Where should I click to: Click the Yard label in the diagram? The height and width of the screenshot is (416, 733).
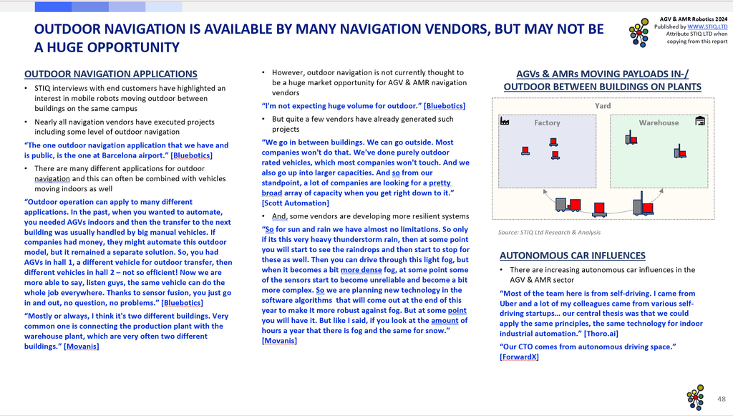tap(603, 105)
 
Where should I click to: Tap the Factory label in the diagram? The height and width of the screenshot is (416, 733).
tap(547, 122)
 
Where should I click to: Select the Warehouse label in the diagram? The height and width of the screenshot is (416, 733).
tap(659, 122)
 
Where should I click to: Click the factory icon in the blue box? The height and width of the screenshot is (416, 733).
tap(505, 122)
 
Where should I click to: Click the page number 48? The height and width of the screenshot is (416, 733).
tap(722, 398)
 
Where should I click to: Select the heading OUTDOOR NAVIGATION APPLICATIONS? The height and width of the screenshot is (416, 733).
tap(111, 74)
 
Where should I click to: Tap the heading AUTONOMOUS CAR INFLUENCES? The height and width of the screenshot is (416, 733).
tap(573, 255)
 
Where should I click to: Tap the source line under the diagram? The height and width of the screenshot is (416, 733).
tap(550, 232)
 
